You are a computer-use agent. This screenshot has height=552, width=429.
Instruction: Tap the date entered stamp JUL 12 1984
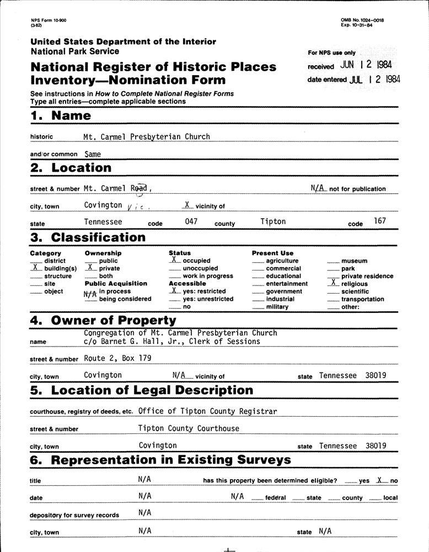pos(375,79)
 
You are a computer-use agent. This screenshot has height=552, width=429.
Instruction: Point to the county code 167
pos(380,221)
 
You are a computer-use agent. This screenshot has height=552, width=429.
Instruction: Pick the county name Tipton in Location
pos(273,221)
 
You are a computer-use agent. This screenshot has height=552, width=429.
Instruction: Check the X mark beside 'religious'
pos(333,283)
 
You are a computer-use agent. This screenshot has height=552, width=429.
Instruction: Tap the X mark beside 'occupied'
pos(174,259)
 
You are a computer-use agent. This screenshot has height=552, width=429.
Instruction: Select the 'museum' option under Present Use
pos(355,261)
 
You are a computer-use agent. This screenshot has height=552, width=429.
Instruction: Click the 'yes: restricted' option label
pos(204,291)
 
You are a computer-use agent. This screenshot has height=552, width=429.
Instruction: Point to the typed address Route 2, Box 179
pos(117,358)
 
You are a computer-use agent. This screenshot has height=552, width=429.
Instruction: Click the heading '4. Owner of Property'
pos(103,320)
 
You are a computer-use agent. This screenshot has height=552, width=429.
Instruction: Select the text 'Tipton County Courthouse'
pos(189,428)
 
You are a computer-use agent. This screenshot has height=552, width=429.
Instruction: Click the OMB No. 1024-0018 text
pos(362,20)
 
